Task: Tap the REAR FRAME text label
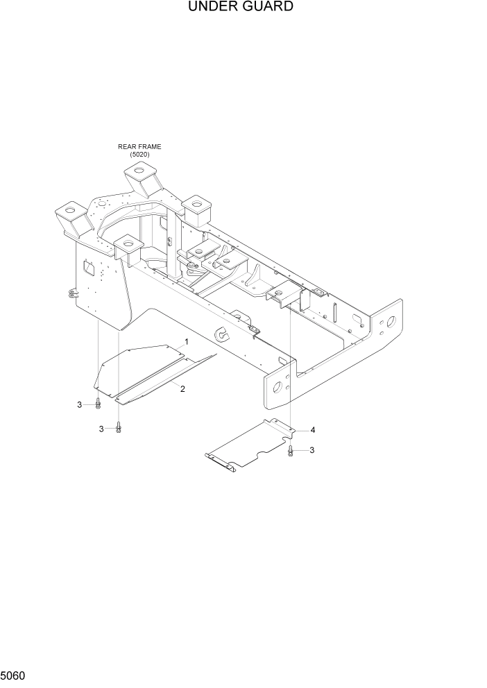139,147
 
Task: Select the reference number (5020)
139,154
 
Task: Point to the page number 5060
13,675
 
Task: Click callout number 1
186,343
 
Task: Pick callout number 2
182,389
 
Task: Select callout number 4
313,430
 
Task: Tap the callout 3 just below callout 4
311,450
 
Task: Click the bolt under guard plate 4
291,451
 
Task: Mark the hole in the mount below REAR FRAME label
139,171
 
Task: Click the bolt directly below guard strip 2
119,428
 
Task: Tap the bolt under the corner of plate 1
99,403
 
